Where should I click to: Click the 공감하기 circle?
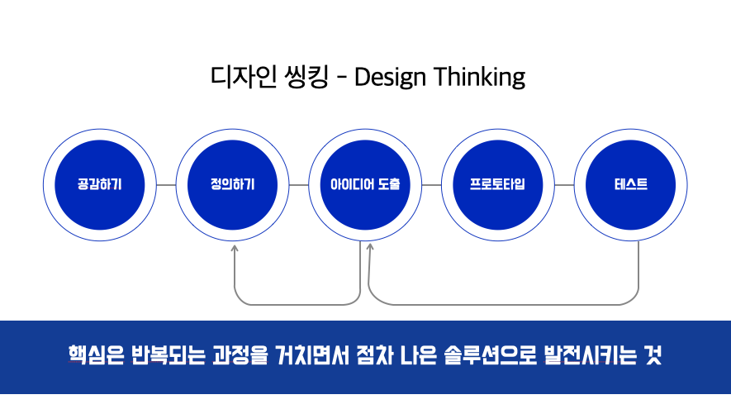click(100, 185)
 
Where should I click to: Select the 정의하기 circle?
click(232, 185)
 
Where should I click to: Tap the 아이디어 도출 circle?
click(365, 185)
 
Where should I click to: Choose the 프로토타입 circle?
click(498, 185)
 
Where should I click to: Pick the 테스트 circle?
click(631, 185)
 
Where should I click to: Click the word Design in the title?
click(390, 77)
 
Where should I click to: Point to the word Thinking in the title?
click(479, 77)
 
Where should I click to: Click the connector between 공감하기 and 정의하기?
click(166, 185)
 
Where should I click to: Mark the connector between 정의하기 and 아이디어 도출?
click(299, 185)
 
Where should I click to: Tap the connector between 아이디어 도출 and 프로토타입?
click(432, 185)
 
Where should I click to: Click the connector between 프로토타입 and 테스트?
click(565, 185)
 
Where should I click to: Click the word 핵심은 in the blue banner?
click(96, 355)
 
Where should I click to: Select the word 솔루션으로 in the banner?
click(491, 355)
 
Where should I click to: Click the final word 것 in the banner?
click(653, 355)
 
